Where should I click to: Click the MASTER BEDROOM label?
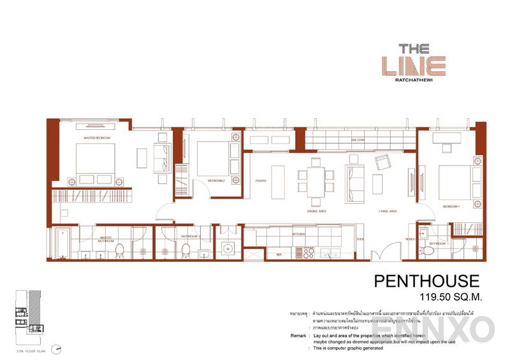pyautogui.click(x=98, y=138)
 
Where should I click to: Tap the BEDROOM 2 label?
pyautogui.click(x=215, y=181)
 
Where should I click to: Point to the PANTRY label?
pyautogui.click(x=260, y=181)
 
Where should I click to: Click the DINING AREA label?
pyautogui.click(x=317, y=211)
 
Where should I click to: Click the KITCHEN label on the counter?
pyautogui.click(x=298, y=234)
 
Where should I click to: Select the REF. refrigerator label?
pyautogui.click(x=279, y=255)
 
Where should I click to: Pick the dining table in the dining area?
pyautogui.click(x=316, y=179)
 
